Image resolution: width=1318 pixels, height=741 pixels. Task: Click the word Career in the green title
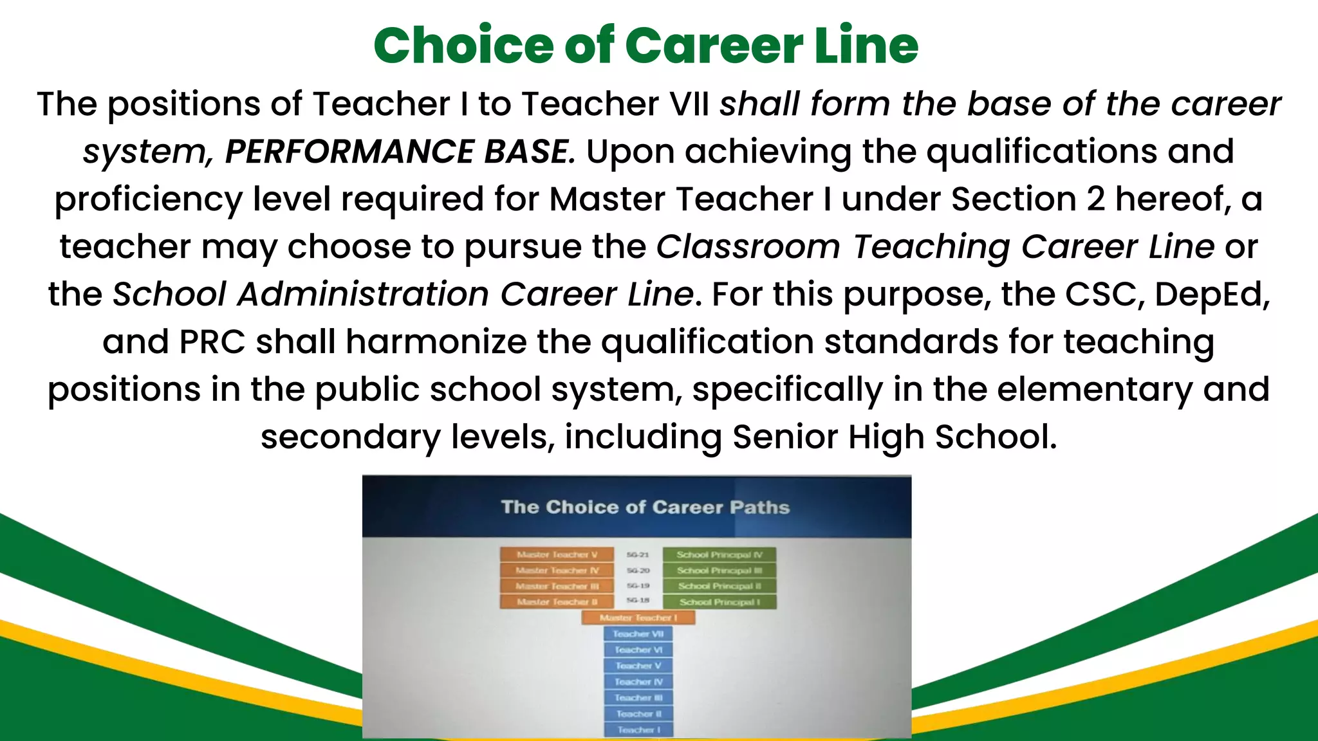(714, 46)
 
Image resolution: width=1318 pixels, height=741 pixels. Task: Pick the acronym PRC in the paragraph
(212, 342)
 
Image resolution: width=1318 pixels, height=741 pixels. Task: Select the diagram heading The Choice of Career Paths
(645, 508)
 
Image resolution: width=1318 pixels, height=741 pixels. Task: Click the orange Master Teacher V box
(557, 554)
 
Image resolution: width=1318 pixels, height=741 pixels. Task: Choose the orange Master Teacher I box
(638, 617)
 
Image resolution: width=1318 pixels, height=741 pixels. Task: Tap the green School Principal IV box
(719, 554)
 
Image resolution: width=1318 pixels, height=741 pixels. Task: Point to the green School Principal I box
(719, 602)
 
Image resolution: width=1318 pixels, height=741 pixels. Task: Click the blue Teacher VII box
(638, 634)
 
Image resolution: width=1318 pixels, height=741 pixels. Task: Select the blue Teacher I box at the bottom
(638, 729)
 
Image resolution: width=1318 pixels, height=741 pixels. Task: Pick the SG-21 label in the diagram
(637, 554)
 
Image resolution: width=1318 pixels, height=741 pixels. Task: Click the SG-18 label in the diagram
(637, 600)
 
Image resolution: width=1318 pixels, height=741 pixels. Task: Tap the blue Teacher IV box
(638, 682)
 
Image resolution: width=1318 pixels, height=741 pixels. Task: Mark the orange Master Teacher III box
(557, 586)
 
